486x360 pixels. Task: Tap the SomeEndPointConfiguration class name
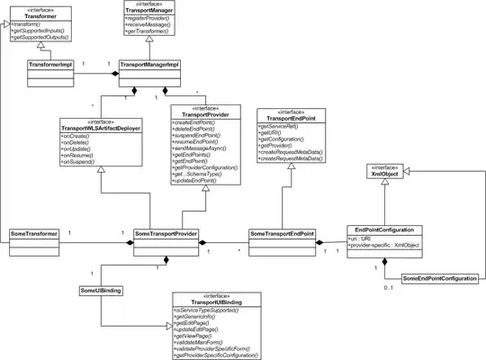(440, 281)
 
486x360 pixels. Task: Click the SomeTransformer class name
(34, 234)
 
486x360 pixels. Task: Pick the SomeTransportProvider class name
(166, 234)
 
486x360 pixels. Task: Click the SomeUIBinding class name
(100, 292)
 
